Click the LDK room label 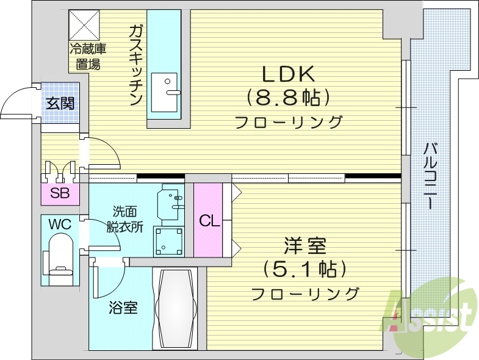click(288, 74)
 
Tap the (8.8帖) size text click(288, 97)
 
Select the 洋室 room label click(304, 247)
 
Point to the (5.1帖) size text click(304, 268)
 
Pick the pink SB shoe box click(59, 194)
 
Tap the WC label click(60, 225)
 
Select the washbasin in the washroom click(169, 201)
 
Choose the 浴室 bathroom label click(123, 308)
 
